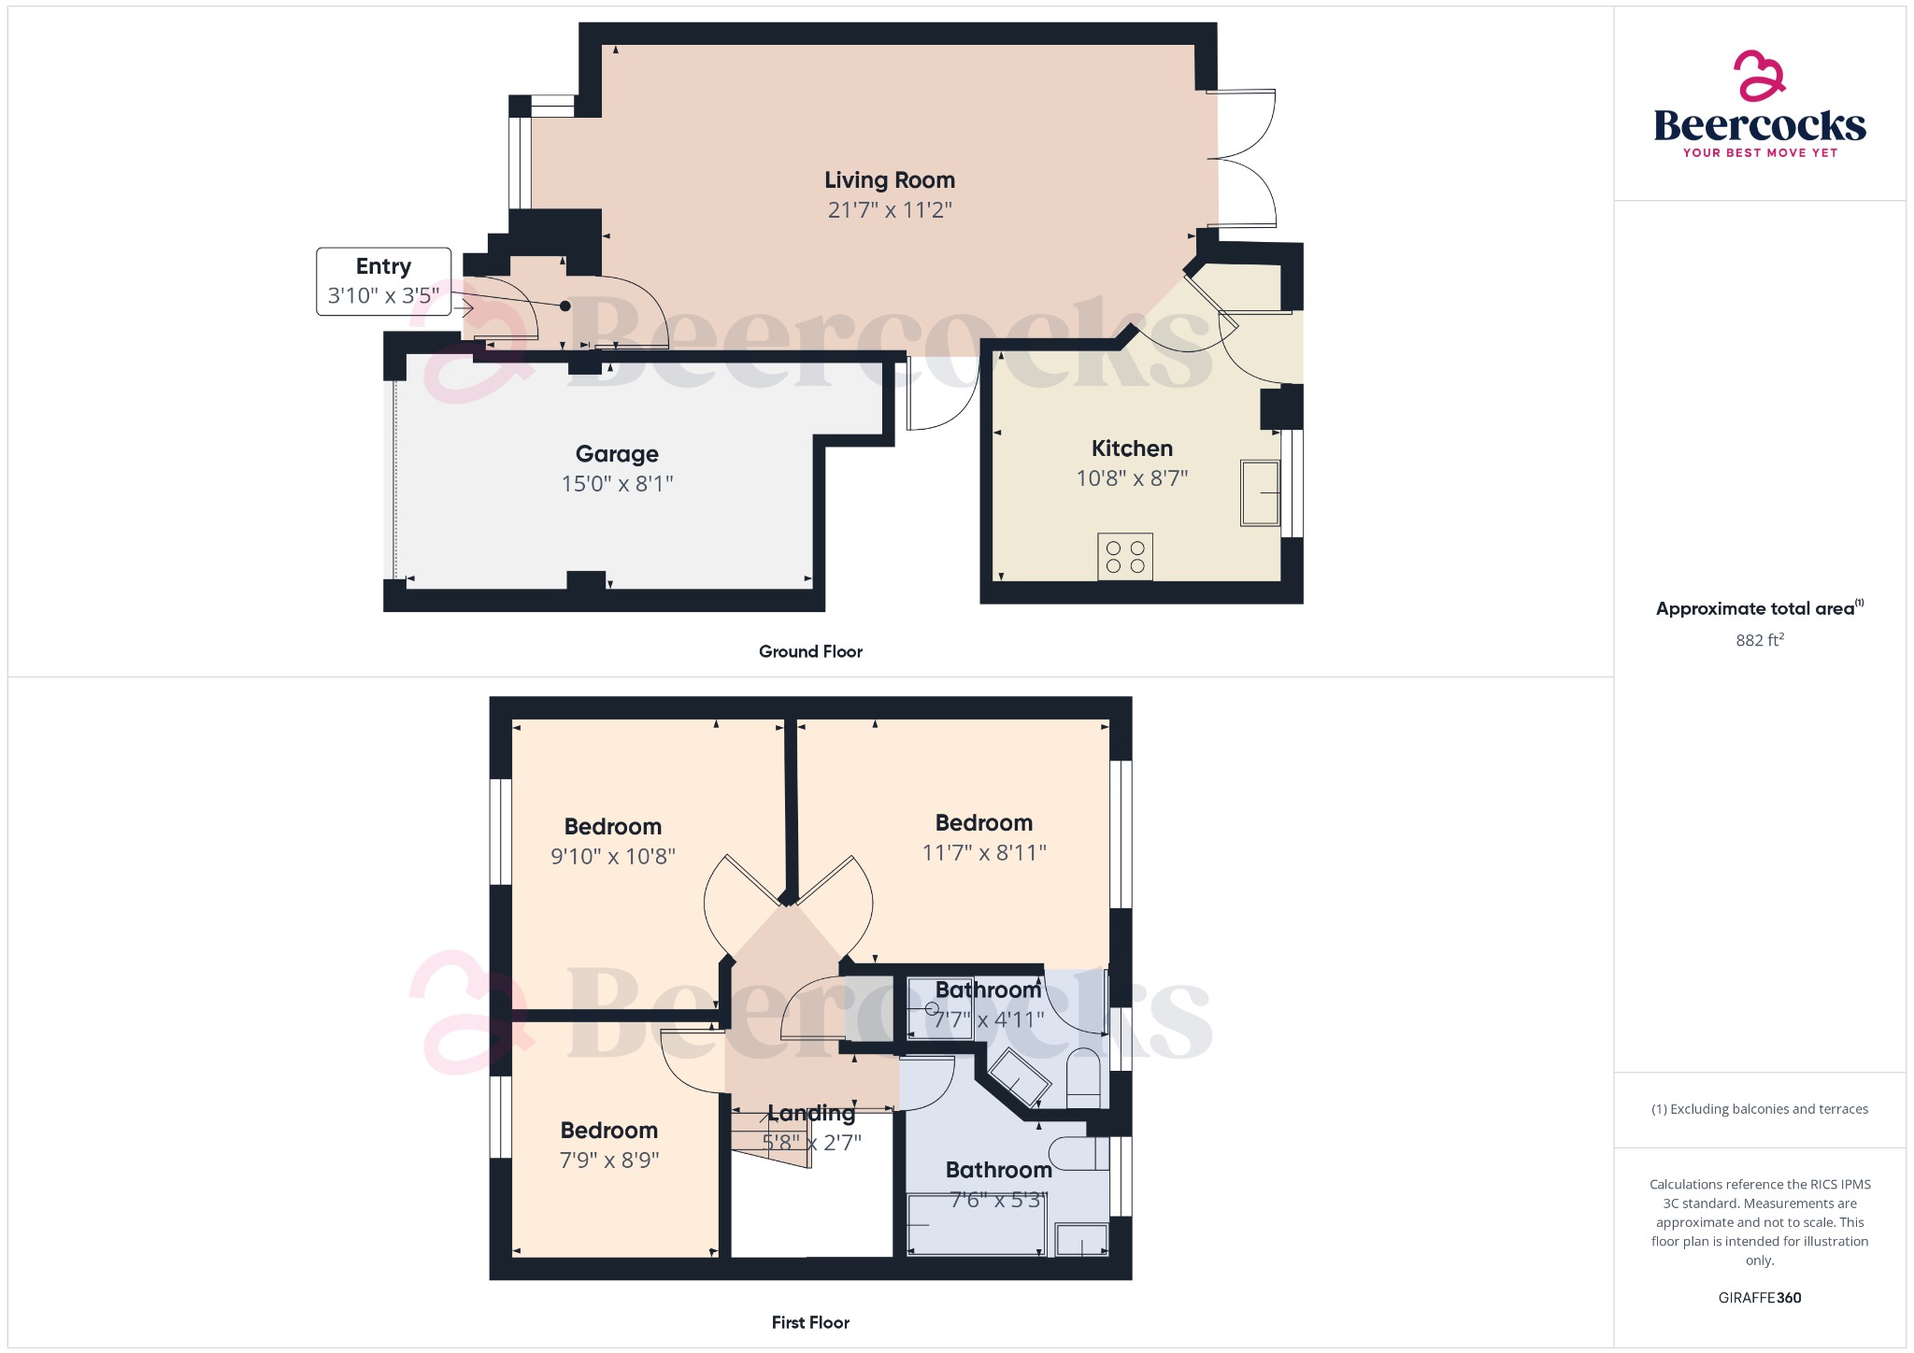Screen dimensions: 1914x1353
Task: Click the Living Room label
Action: [890, 180]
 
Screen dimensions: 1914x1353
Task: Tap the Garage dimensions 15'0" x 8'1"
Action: [617, 484]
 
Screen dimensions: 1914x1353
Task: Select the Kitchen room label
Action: [1132, 449]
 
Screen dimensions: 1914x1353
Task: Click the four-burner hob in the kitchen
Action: [1125, 557]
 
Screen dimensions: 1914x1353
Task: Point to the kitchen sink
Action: [1260, 492]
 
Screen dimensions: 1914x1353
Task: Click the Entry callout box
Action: [383, 281]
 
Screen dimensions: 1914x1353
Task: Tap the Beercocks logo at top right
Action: [1760, 105]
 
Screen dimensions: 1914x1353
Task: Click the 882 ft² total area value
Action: [1760, 640]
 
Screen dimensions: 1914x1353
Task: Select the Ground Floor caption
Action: [810, 651]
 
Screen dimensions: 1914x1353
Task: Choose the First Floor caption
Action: [810, 1322]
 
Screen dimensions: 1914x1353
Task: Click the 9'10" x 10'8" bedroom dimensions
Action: [613, 857]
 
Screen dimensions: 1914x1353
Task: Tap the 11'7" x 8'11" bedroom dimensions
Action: [984, 853]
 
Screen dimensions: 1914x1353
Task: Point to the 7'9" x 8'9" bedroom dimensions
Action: [609, 1161]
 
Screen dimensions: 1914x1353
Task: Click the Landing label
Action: [811, 1113]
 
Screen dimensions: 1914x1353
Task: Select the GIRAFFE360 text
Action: [1760, 1298]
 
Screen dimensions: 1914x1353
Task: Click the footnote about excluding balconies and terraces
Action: [1760, 1109]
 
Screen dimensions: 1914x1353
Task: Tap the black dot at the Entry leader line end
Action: [564, 306]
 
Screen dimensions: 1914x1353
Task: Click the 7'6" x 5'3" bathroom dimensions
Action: [997, 1200]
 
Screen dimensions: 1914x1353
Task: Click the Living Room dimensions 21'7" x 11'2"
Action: [890, 210]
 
